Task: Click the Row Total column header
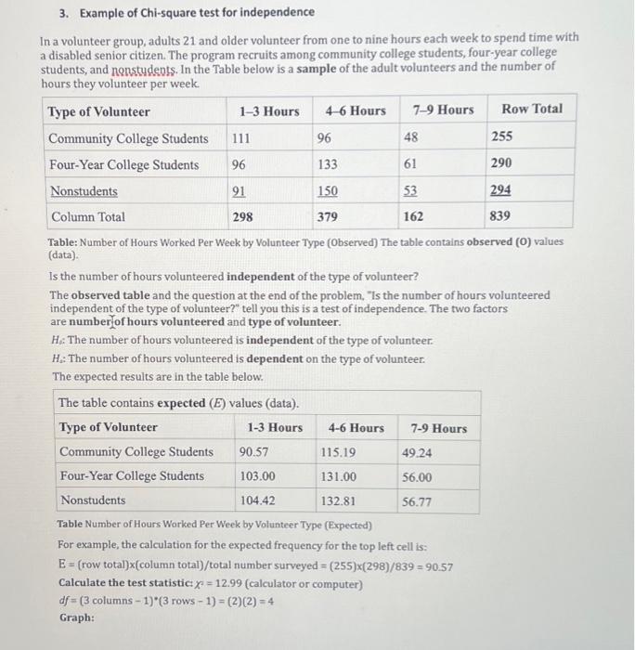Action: click(531, 109)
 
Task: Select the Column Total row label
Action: click(88, 216)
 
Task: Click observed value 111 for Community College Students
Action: click(241, 137)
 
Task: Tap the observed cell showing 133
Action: click(328, 164)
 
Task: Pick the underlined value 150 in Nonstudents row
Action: click(328, 191)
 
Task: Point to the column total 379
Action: click(328, 216)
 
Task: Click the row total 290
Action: click(501, 163)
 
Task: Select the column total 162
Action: click(414, 216)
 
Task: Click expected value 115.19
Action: click(339, 452)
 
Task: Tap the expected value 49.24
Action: click(417, 452)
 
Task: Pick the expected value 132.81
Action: click(339, 500)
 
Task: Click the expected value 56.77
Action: click(417, 501)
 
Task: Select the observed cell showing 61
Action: click(410, 164)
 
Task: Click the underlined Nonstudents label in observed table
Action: click(84, 191)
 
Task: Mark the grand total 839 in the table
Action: click(501, 216)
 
